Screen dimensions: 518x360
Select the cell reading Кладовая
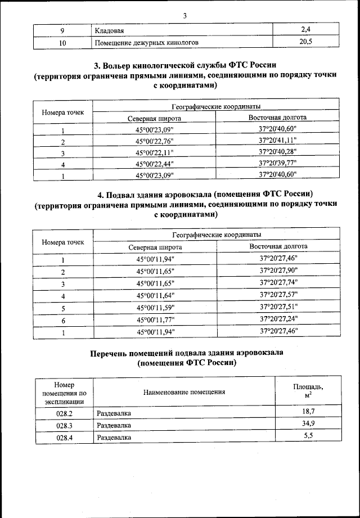109,30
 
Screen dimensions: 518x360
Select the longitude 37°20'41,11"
278,141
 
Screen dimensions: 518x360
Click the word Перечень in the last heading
113,353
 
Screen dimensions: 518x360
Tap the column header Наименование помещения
184,391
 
